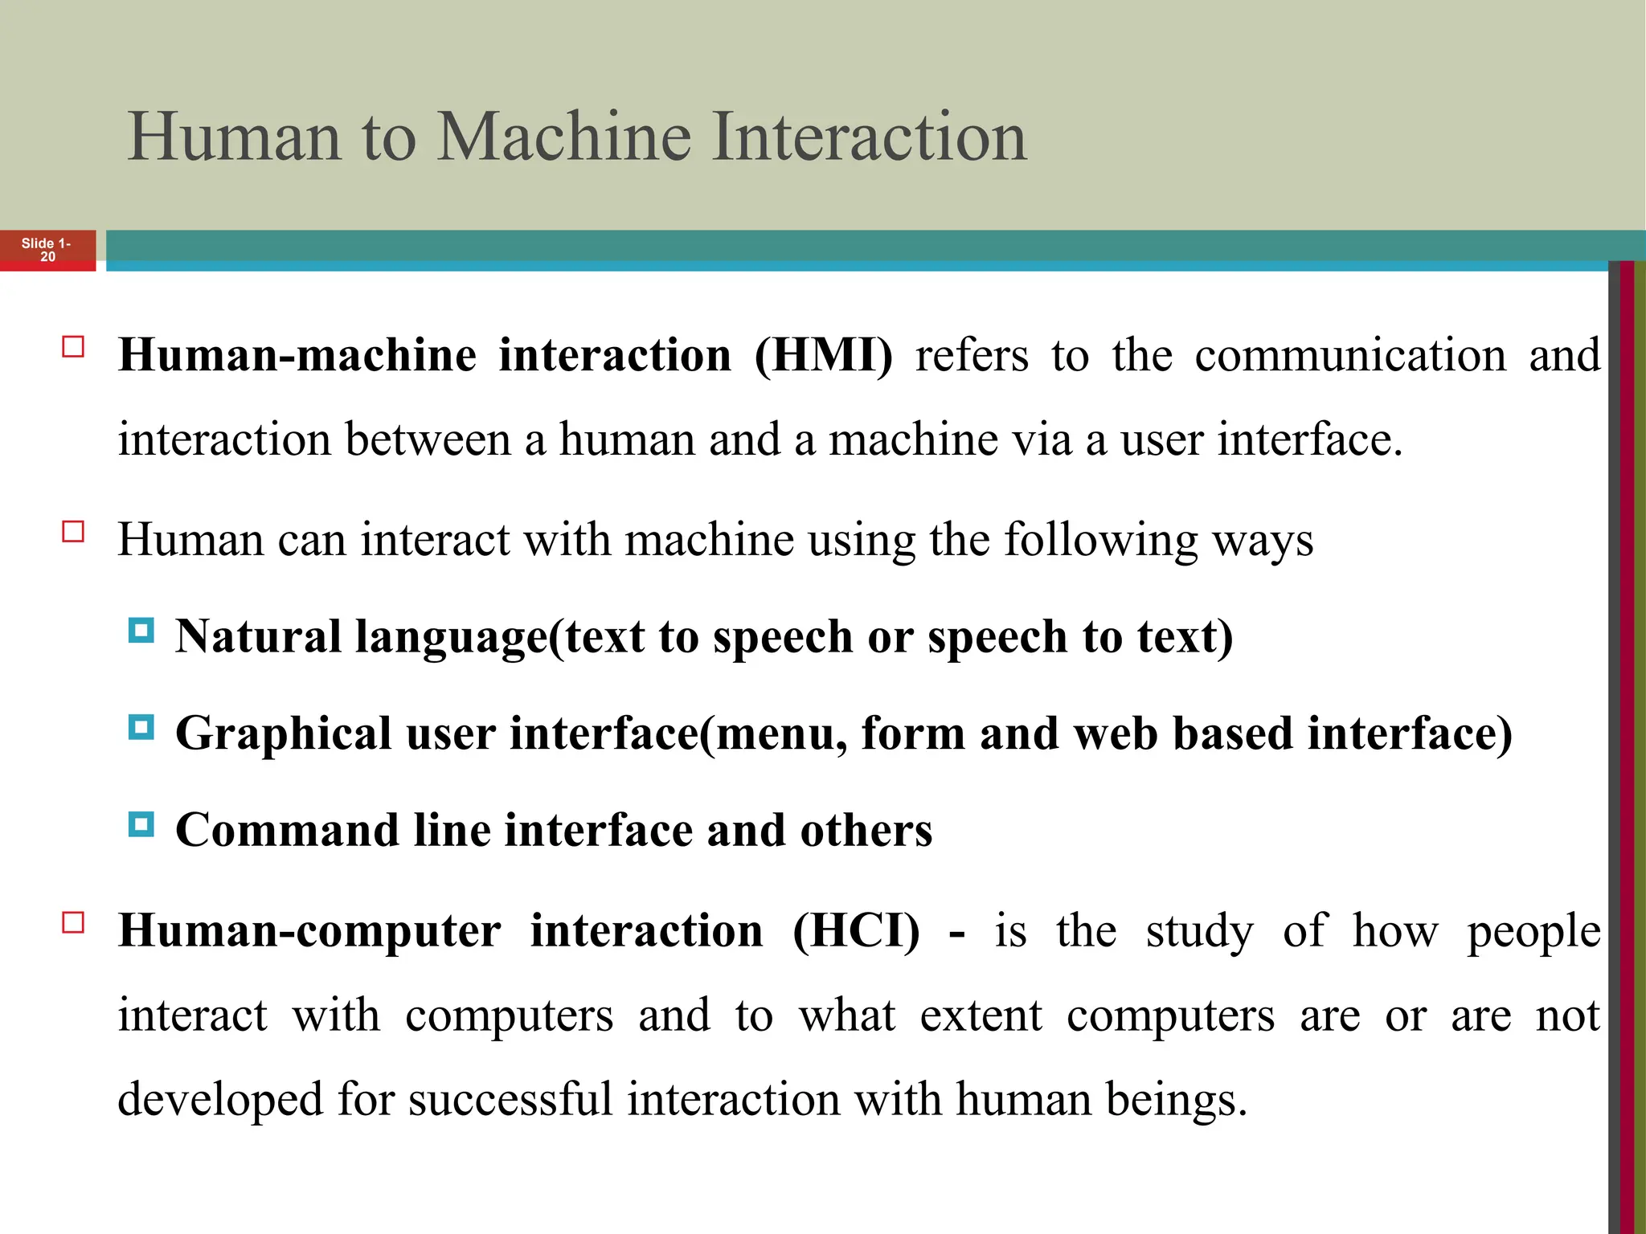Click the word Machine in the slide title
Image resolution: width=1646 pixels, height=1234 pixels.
pyautogui.click(x=563, y=137)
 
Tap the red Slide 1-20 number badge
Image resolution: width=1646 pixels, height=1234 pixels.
pyautogui.click(x=47, y=250)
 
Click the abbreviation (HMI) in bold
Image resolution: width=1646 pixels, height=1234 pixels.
pyautogui.click(x=824, y=355)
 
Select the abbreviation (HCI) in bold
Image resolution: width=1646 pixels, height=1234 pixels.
pyautogui.click(x=856, y=931)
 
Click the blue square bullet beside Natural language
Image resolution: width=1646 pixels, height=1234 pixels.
pyautogui.click(x=141, y=631)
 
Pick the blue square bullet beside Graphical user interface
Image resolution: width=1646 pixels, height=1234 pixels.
pyautogui.click(x=141, y=728)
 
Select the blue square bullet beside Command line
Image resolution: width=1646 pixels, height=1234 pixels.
pyautogui.click(x=141, y=824)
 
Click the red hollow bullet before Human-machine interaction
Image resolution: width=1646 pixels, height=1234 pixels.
pyautogui.click(x=73, y=347)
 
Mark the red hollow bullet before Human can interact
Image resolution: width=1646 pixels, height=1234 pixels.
pyautogui.click(x=73, y=532)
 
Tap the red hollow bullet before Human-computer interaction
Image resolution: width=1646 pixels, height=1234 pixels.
pyautogui.click(x=73, y=922)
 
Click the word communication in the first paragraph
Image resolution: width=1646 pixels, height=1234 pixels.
pyautogui.click(x=1350, y=355)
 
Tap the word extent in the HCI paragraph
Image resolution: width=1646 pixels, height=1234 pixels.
pyautogui.click(x=981, y=1015)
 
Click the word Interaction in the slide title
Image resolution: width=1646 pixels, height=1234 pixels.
pyautogui.click(x=869, y=137)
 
